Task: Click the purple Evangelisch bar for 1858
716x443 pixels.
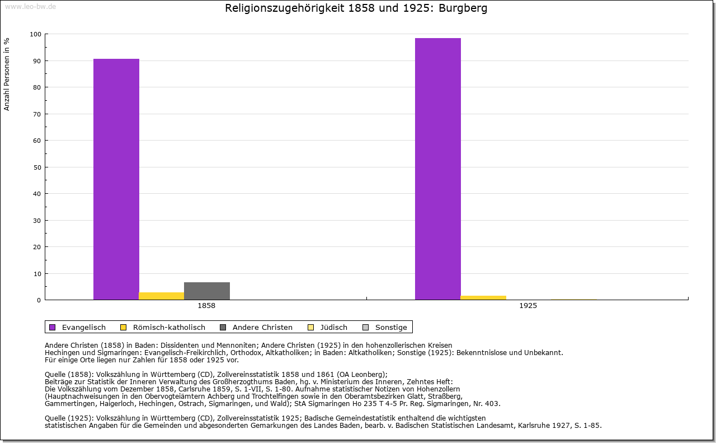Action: pyautogui.click(x=116, y=179)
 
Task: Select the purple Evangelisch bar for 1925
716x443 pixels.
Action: pyautogui.click(x=438, y=169)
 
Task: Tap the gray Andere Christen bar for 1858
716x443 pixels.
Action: pyautogui.click(x=207, y=291)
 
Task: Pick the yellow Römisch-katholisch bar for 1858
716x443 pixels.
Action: pyautogui.click(x=162, y=296)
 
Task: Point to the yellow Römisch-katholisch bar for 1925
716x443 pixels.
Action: pyautogui.click(x=483, y=297)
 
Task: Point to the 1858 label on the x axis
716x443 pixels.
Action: pyautogui.click(x=206, y=306)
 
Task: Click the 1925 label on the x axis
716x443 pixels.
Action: pyautogui.click(x=528, y=306)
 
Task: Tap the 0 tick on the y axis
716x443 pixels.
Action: pyautogui.click(x=39, y=300)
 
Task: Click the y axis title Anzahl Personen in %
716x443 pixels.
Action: pyautogui.click(x=7, y=74)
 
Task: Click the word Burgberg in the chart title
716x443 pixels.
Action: pyautogui.click(x=464, y=8)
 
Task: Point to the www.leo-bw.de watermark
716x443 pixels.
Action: pyautogui.click(x=30, y=6)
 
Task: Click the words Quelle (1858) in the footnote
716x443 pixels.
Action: pyautogui.click(x=67, y=375)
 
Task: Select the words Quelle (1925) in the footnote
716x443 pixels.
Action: pyautogui.click(x=67, y=418)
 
